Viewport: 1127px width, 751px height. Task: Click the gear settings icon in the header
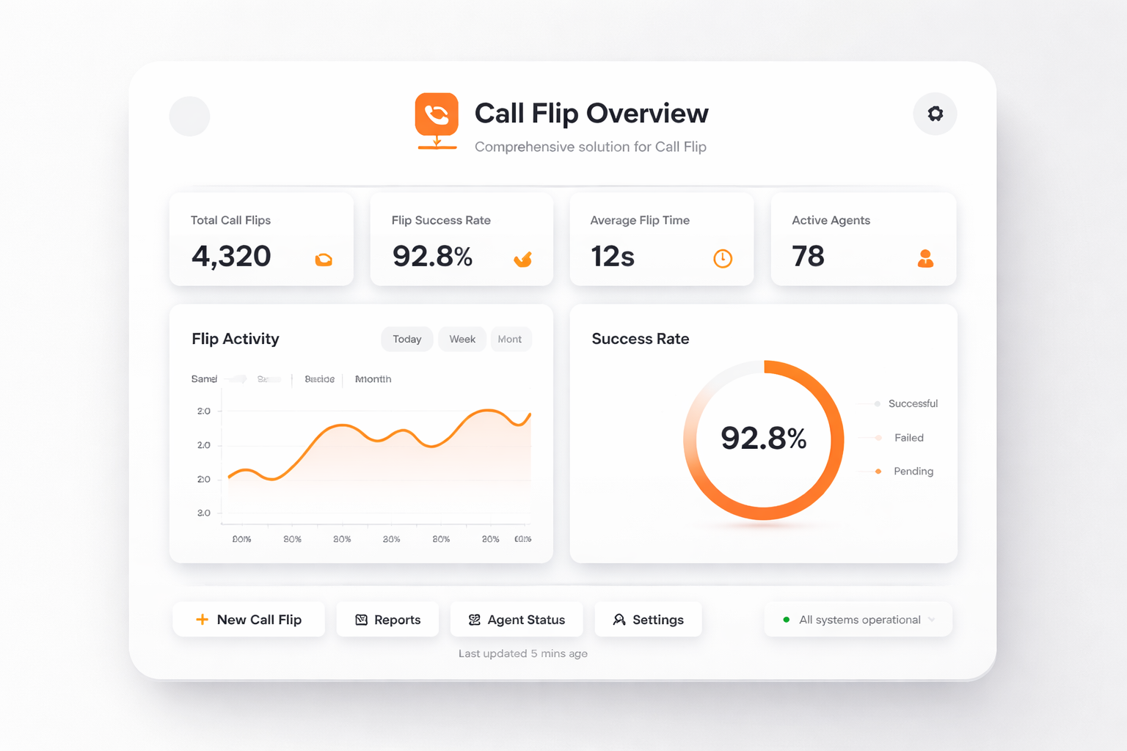click(x=935, y=114)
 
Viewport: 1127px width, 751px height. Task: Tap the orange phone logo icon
click(x=437, y=115)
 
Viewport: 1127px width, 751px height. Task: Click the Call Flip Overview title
click(x=591, y=114)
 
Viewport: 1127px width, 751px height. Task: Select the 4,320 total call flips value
click(x=231, y=256)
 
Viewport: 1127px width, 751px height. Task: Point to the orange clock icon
click(x=723, y=258)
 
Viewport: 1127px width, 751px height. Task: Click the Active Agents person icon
click(x=925, y=258)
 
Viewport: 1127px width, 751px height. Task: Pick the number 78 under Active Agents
click(x=808, y=256)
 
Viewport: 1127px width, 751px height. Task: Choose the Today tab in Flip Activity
click(x=406, y=339)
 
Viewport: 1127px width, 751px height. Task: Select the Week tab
click(x=462, y=339)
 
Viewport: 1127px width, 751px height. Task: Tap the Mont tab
click(x=510, y=339)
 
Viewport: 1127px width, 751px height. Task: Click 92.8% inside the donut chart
click(x=763, y=439)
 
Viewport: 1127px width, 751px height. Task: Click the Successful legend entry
click(x=912, y=403)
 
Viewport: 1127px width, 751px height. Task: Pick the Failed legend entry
click(x=908, y=438)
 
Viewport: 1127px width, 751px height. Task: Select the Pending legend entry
click(x=913, y=472)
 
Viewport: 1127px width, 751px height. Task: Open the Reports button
click(x=387, y=620)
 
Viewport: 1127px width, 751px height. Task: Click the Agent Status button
click(x=517, y=620)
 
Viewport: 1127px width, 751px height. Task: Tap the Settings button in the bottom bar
click(x=648, y=620)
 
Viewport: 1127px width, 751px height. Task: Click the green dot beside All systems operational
click(x=787, y=620)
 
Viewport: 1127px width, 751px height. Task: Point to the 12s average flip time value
click(x=613, y=257)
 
